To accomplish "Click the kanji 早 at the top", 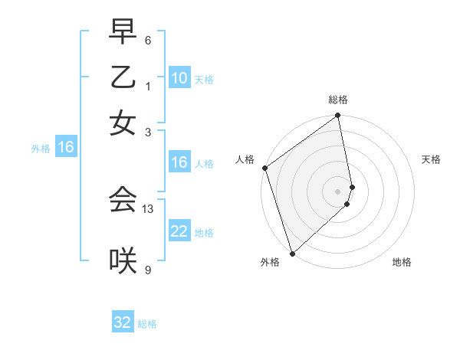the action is point(123,31).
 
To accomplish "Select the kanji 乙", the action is point(123,77).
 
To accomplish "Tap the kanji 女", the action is point(123,123).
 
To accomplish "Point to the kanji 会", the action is point(123,200).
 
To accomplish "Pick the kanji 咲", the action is point(123,261).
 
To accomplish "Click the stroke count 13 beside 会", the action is point(149,208).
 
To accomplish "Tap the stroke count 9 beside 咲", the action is point(148,270).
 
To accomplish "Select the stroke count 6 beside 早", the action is point(148,40).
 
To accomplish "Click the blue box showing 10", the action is point(179,78).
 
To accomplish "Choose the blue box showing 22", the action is point(179,231).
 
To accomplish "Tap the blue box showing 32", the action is point(123,322).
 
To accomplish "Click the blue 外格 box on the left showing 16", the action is point(65,148).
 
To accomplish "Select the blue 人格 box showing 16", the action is point(179,162).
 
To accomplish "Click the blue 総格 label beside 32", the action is point(147,324).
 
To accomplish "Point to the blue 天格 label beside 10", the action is point(204,80).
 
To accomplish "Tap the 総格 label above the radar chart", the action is point(338,100).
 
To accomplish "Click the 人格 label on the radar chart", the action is point(245,159).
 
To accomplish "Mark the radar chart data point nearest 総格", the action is point(337,116).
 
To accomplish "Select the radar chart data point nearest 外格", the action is point(292,253).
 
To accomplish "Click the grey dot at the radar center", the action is point(337,191).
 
